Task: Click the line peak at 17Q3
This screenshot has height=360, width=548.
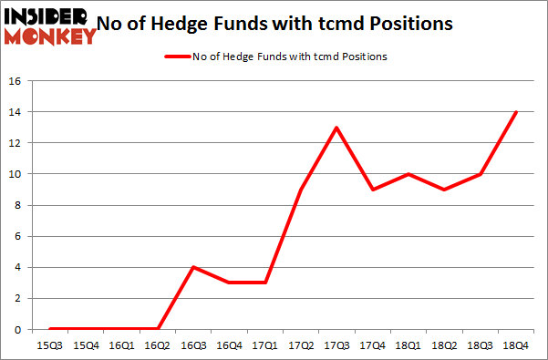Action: (x=337, y=128)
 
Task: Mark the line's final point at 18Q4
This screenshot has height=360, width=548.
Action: (x=516, y=112)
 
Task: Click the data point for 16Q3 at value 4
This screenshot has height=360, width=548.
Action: (x=192, y=267)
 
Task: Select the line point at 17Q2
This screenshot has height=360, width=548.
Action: (x=302, y=190)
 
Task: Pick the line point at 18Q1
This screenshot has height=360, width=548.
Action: (x=409, y=174)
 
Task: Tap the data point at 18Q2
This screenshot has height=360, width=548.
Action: (x=445, y=190)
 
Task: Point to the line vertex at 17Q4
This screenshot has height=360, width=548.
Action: (x=373, y=190)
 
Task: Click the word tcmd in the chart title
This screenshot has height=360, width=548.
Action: (x=368, y=25)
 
